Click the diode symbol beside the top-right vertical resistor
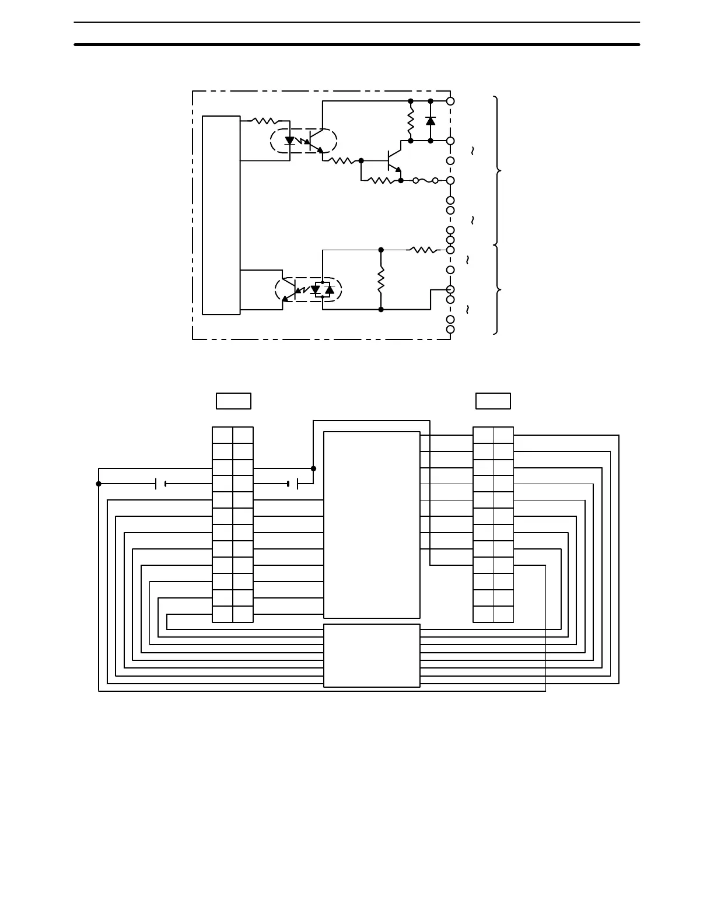430,121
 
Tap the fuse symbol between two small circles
426,181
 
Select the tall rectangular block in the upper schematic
221,215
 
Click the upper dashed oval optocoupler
304,141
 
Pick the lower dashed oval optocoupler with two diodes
308,290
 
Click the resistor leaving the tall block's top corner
265,121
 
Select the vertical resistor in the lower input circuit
381,280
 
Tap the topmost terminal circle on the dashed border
450,101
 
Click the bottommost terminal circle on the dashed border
450,330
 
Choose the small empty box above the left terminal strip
233,401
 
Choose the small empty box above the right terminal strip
493,401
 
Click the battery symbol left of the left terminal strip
161,484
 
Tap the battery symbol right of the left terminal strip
293,484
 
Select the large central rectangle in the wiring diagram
372,524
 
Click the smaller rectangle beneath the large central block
372,656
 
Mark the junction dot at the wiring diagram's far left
99,484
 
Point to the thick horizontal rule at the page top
357,44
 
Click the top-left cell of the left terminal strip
222,435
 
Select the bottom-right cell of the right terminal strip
503,614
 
